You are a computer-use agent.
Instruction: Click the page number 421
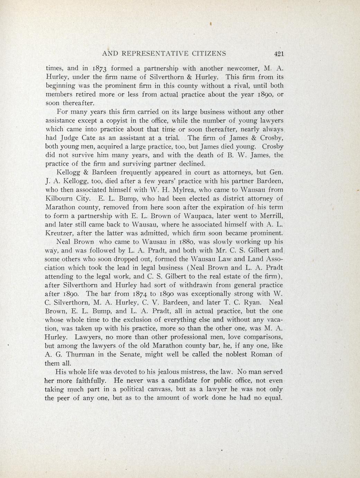(x=278, y=53)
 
